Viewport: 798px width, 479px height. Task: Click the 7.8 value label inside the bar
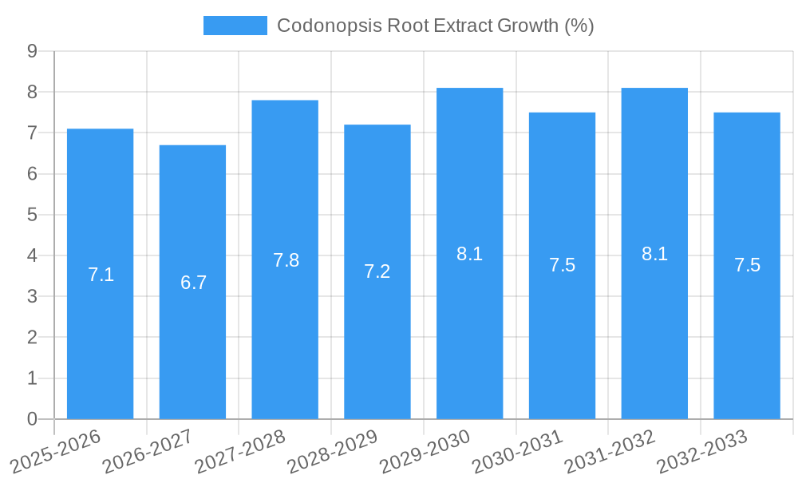coord(286,260)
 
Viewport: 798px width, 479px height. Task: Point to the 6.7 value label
coord(193,283)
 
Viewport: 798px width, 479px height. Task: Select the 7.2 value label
coord(377,271)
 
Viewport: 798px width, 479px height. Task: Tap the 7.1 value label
coord(101,275)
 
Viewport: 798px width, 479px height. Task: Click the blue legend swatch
coord(235,26)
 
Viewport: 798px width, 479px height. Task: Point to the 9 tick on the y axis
coord(32,51)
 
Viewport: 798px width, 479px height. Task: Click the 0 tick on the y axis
coord(32,419)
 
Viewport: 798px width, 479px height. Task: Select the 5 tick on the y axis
coord(32,215)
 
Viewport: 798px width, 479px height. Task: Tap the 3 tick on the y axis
coord(32,297)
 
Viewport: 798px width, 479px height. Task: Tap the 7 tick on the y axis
coord(32,133)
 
